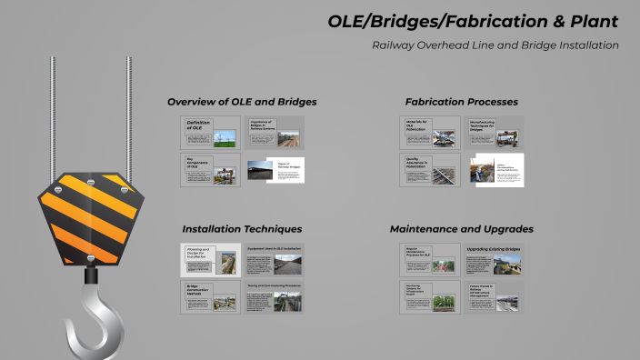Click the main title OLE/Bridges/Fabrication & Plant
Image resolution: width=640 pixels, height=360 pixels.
point(473,21)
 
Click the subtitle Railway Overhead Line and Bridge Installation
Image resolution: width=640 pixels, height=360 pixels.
point(495,45)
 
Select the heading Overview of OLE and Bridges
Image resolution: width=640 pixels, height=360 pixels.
point(242,101)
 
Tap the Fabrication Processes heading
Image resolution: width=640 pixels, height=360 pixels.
point(461,101)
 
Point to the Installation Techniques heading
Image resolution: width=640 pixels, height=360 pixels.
point(242,228)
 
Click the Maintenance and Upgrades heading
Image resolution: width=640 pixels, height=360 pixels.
point(461,228)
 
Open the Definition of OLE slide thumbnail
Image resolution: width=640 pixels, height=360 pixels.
point(211,133)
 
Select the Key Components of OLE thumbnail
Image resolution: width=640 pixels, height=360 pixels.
point(211,170)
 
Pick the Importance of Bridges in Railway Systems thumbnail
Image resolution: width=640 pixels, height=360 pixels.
point(274,133)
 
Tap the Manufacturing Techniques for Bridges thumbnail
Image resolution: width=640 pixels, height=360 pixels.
point(495,133)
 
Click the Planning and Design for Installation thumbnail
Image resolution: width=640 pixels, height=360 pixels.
point(211,260)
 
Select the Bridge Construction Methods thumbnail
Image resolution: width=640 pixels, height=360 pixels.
point(211,297)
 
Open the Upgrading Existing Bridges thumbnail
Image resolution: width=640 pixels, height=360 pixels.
point(495,260)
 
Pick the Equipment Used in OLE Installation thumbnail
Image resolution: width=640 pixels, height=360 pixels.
point(274,260)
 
